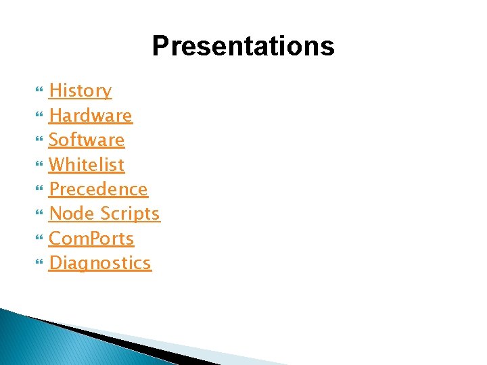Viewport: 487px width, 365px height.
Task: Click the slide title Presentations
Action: click(243, 47)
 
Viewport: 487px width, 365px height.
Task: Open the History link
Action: click(80, 91)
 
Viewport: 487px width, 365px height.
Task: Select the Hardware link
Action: click(91, 116)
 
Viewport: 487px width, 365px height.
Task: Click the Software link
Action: click(87, 140)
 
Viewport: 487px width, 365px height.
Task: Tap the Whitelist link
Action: click(87, 164)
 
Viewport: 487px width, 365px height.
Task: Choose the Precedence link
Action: click(98, 189)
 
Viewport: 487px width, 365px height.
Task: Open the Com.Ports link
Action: click(91, 239)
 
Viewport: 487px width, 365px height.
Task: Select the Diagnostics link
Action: click(100, 263)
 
